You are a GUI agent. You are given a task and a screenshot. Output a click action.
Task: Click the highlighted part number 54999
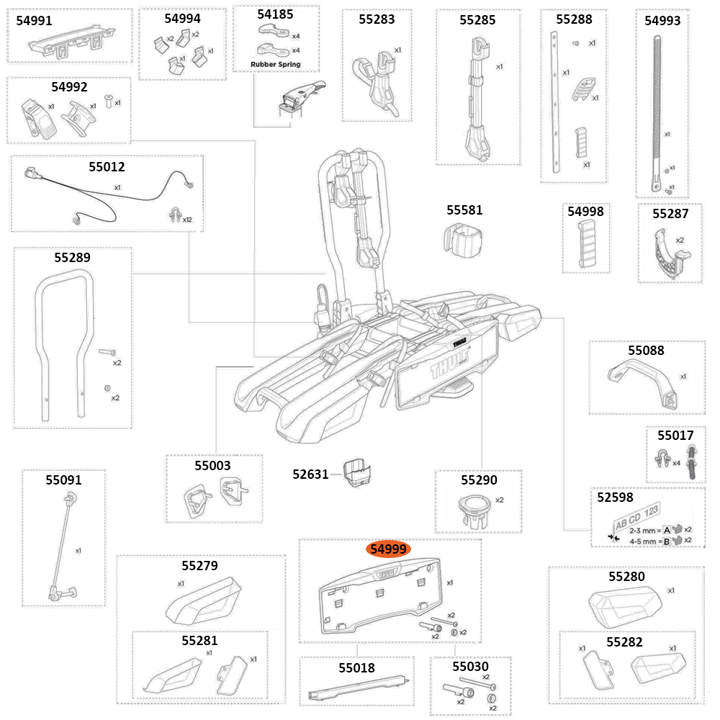click(x=389, y=549)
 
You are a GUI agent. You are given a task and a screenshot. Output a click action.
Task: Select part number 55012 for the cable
click(x=107, y=167)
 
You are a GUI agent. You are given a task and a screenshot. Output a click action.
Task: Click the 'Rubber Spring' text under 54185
click(x=275, y=65)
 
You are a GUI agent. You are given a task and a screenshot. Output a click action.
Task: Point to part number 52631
click(x=310, y=474)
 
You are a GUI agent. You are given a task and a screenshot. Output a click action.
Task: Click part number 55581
click(x=464, y=210)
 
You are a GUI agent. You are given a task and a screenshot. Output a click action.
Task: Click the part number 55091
click(x=63, y=480)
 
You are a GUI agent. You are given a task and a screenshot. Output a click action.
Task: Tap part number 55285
click(x=477, y=20)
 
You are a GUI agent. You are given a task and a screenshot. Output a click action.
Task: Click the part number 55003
click(x=212, y=466)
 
